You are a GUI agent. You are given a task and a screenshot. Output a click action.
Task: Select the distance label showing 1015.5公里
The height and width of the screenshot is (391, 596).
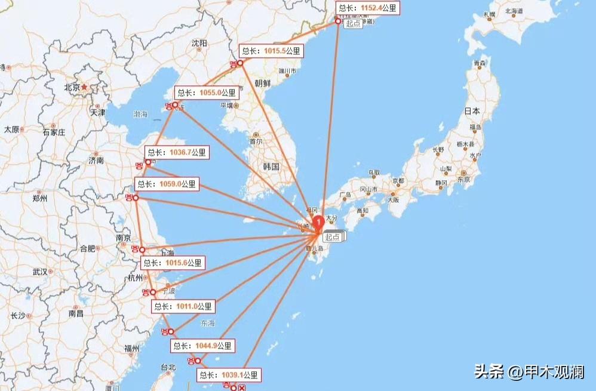click(271, 51)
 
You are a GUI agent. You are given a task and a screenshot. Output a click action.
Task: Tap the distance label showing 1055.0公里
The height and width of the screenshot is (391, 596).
click(207, 93)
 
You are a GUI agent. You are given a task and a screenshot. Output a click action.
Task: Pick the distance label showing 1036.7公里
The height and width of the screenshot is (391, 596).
click(177, 153)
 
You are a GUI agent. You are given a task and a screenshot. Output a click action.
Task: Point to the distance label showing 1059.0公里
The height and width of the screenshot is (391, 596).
click(167, 184)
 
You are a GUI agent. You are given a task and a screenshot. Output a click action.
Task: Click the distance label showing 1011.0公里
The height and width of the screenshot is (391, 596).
click(182, 306)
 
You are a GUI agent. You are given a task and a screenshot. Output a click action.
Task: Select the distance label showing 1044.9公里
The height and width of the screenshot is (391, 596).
click(202, 346)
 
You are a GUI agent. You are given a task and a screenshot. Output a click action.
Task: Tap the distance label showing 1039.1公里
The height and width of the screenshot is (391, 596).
click(229, 375)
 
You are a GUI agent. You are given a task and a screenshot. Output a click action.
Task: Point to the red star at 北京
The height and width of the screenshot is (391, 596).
click(84, 87)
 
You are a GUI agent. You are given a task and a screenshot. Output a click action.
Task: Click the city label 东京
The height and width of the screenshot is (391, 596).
click(462, 179)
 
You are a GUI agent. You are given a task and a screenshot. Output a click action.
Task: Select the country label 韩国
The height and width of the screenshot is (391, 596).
click(271, 167)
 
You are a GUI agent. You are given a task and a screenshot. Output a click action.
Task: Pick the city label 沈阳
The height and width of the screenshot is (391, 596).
click(199, 43)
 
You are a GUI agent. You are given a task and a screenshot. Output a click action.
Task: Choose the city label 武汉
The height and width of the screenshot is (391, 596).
click(39, 272)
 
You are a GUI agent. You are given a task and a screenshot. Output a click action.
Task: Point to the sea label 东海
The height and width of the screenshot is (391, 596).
click(207, 324)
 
